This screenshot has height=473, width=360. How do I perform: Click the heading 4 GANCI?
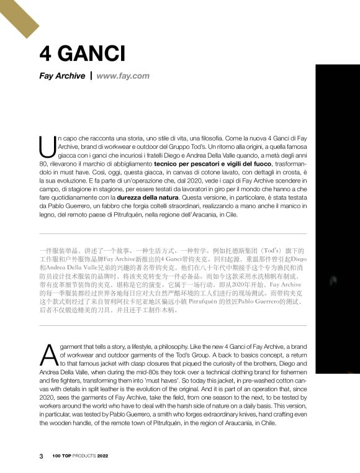tap(82, 54)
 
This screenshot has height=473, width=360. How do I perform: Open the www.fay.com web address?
tap(123, 76)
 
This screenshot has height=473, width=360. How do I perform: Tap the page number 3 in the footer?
tap(42, 456)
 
